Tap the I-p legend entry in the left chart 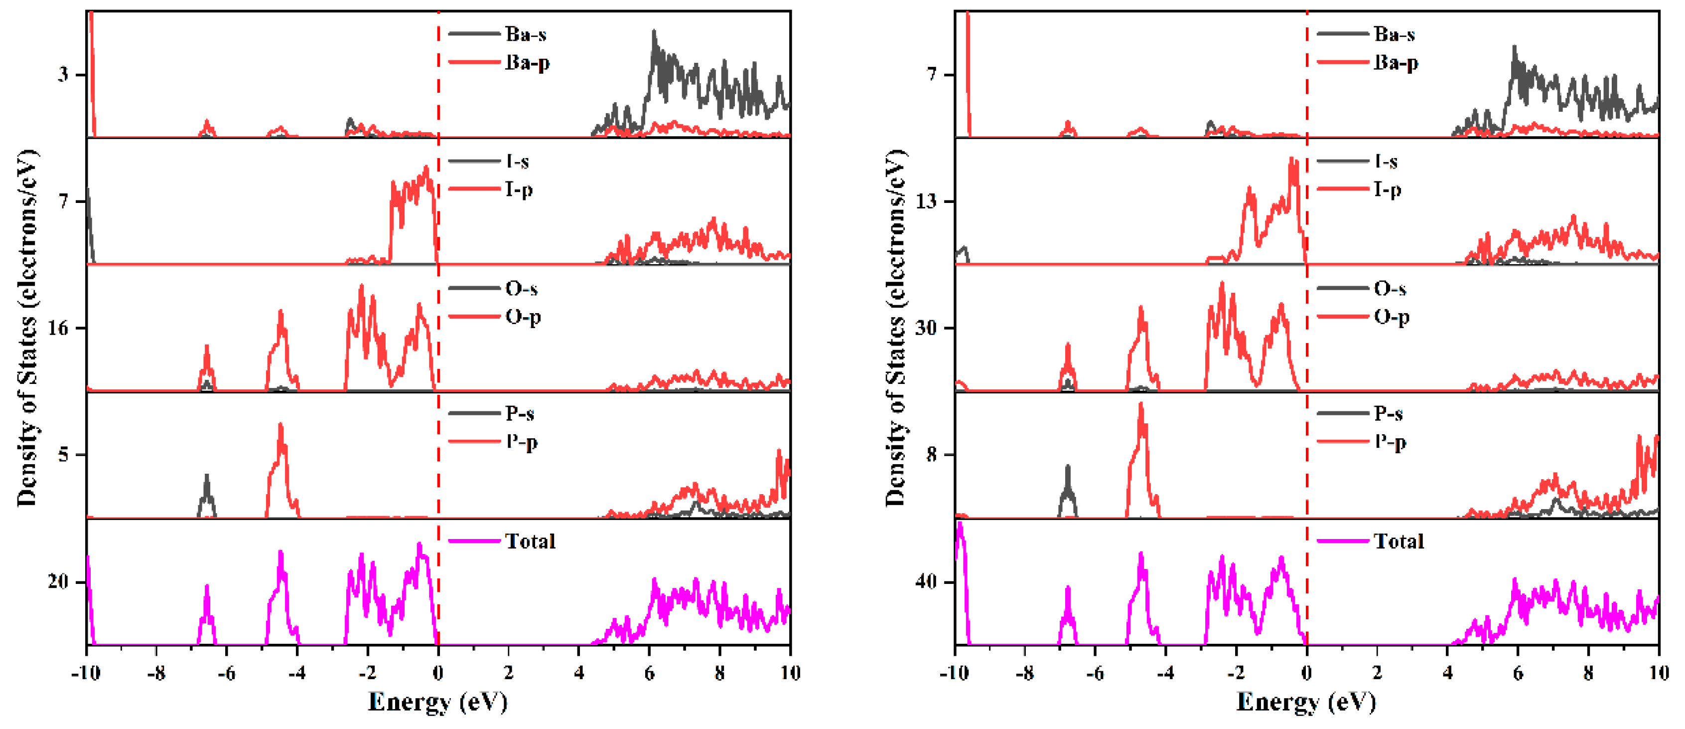tap(518, 190)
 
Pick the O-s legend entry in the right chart tap(1390, 289)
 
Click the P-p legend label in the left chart tap(521, 442)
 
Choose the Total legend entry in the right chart tap(1399, 541)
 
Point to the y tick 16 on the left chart tap(58, 328)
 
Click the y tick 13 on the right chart tap(926, 201)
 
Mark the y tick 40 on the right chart tap(926, 582)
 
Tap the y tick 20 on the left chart tap(58, 582)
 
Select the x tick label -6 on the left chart tap(226, 673)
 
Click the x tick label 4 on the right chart tap(1447, 673)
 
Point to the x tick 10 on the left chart tap(790, 673)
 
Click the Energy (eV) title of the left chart tap(437, 702)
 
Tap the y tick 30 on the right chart tap(926, 328)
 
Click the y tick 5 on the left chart tap(63, 455)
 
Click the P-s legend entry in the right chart tap(1388, 413)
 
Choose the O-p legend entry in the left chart tap(522, 318)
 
